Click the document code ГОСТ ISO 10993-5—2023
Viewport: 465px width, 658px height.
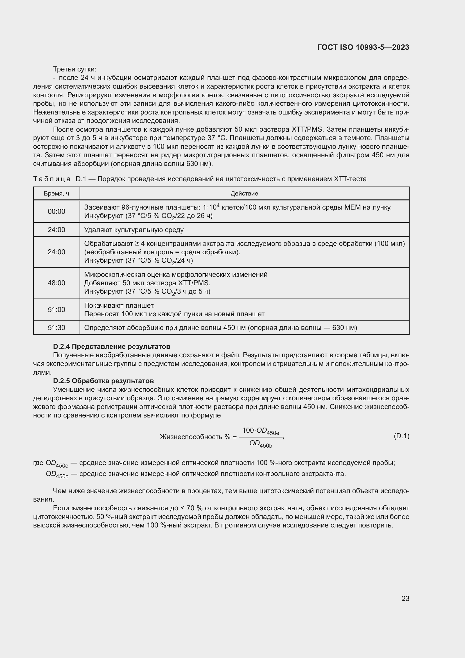tap(363, 47)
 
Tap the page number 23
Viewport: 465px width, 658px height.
tap(405, 598)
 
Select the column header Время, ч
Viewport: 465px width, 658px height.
tap(57, 194)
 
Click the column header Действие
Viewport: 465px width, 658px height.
tap(244, 194)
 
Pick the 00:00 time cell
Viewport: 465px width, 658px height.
tap(57, 212)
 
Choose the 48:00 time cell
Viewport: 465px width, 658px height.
tap(57, 283)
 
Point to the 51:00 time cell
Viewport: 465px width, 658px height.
tap(57, 309)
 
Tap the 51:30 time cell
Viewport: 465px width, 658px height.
tap(57, 327)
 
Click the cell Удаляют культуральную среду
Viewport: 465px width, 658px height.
tap(134, 230)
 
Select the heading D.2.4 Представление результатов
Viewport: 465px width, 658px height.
tap(112, 347)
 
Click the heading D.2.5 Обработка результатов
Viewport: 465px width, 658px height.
tap(103, 381)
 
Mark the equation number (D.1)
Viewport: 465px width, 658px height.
tap(401, 436)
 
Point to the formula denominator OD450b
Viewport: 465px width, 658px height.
tap(261, 444)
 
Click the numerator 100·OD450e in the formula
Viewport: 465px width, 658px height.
tap(261, 431)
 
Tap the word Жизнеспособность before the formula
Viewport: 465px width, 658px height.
tap(191, 437)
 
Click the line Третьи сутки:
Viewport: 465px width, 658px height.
tap(75, 69)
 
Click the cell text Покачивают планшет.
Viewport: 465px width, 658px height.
tap(119, 306)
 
